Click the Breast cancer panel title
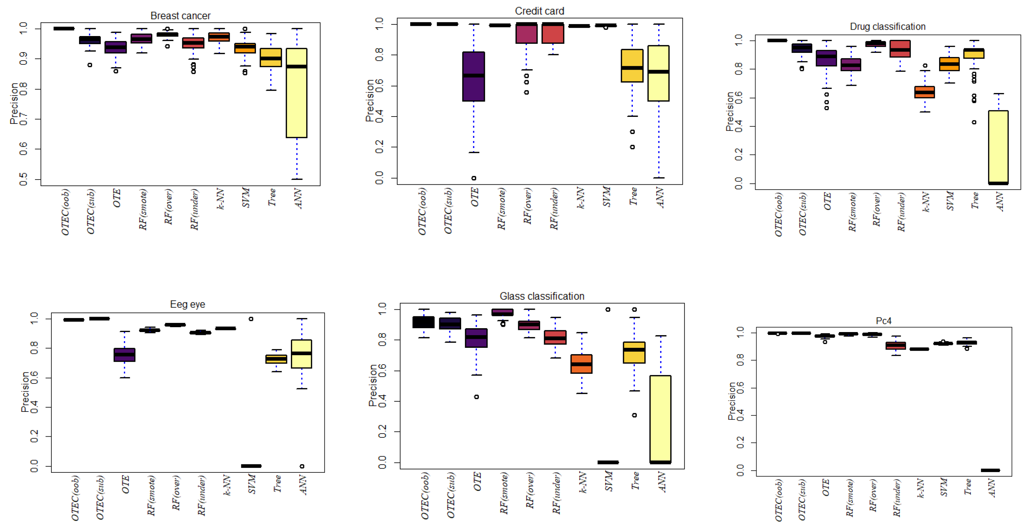[x=180, y=16]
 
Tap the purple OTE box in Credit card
[x=473, y=76]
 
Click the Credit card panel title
[x=539, y=11]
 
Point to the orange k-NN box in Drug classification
[x=924, y=92]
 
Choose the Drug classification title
[x=887, y=27]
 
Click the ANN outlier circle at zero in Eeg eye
[x=302, y=466]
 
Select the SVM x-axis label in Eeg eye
[x=251, y=484]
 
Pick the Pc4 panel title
[x=883, y=321]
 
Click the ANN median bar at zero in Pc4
[x=990, y=470]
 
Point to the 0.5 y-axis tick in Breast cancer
[x=23, y=179]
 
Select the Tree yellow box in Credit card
[x=632, y=66]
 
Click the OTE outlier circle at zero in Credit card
[x=473, y=178]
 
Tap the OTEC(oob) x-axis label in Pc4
[x=778, y=500]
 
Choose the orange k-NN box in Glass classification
[x=581, y=364]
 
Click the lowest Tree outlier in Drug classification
[x=974, y=122]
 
